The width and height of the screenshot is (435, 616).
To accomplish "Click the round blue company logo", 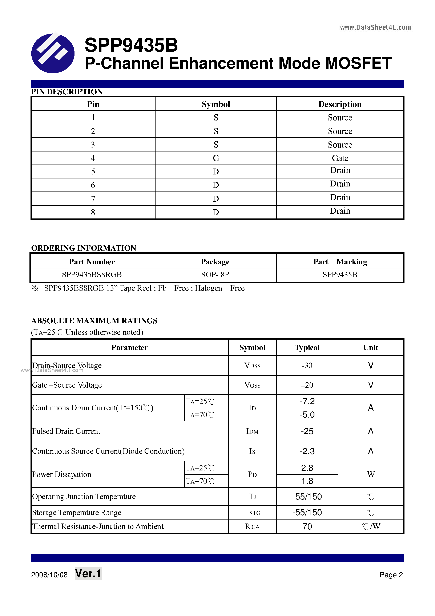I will tap(53, 53).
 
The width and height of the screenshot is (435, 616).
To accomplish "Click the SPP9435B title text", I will tap(131, 45).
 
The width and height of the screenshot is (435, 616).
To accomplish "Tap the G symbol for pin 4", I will tap(216, 158).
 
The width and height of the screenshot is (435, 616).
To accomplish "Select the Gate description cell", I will tap(340, 158).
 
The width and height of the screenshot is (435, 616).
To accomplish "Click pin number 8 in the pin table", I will tap(93, 212).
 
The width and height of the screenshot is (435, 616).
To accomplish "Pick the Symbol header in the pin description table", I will tap(216, 104).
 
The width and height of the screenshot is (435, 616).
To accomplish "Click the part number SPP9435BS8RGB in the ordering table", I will tap(92, 275).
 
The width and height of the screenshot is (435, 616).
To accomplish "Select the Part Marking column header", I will tap(340, 262).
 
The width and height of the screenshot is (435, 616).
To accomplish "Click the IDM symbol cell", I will tap(252, 431).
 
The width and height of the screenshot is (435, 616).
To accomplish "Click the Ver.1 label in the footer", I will tap(88, 574).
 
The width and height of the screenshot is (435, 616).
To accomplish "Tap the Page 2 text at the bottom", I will tap(391, 575).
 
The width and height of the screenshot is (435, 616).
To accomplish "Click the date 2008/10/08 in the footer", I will tap(49, 575).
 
